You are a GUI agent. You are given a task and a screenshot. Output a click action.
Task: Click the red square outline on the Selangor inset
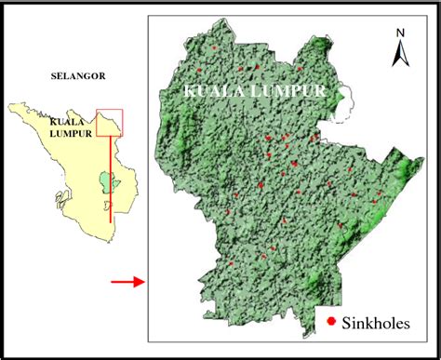[x=110, y=122]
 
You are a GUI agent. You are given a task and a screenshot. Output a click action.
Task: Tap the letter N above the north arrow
[x=398, y=33]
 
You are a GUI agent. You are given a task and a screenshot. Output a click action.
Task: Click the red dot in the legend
[x=332, y=321]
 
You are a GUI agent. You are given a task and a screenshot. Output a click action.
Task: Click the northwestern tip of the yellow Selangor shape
[x=10, y=105]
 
